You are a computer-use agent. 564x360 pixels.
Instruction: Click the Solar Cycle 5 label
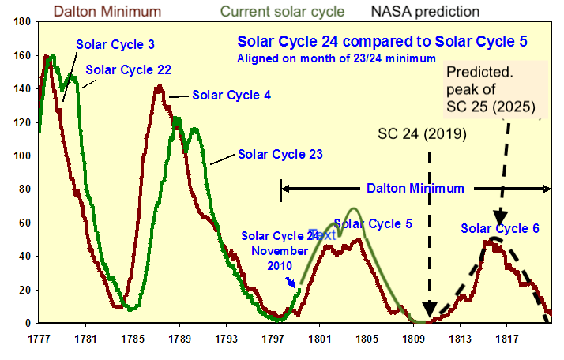click(x=373, y=223)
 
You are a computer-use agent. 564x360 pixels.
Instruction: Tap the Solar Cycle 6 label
click(x=500, y=229)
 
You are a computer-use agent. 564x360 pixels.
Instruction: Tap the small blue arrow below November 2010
click(x=291, y=283)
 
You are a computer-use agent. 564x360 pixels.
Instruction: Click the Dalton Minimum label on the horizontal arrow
click(x=415, y=189)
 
